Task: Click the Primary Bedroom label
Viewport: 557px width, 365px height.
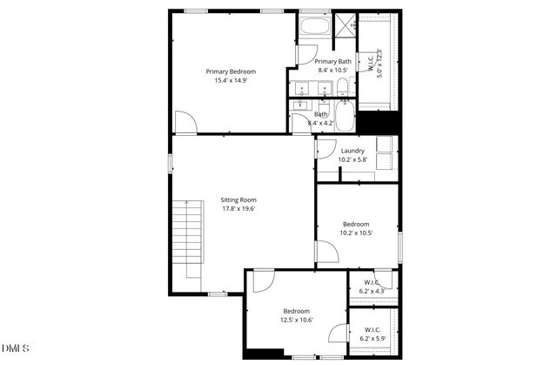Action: (231, 71)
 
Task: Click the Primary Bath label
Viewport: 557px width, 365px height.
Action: (332, 61)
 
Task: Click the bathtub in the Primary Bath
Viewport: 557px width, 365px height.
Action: (313, 26)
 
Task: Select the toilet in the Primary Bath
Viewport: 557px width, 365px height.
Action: (343, 87)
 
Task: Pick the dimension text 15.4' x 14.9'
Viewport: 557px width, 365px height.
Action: (231, 81)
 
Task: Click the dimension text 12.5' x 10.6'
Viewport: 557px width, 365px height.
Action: (297, 320)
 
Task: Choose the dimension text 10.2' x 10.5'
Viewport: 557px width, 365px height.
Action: (356, 233)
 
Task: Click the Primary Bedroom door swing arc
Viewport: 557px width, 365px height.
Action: (185, 123)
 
